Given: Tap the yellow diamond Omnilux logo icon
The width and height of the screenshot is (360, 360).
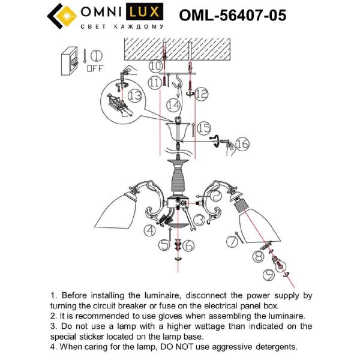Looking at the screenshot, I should point(61,14).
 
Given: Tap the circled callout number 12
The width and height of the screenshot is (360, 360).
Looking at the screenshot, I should point(201,93).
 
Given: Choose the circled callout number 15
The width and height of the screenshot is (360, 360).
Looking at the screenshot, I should point(203,127).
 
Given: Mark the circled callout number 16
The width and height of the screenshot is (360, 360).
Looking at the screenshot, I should point(241,143).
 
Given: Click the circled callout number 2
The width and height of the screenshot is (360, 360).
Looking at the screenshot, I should point(215,193).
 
